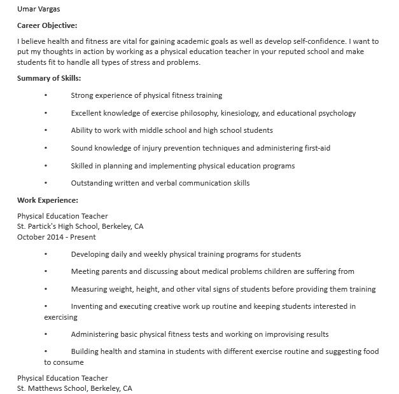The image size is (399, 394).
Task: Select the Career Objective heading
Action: [x=47, y=25]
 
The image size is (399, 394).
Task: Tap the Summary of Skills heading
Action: [x=49, y=78]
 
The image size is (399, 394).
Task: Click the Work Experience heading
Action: [x=47, y=200]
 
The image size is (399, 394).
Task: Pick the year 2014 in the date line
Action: [x=57, y=237]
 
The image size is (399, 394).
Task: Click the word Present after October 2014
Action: [x=83, y=237]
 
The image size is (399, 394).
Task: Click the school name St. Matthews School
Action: [x=53, y=388]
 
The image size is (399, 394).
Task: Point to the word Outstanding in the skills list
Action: [x=92, y=183]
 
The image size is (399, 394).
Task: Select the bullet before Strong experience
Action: [x=46, y=95]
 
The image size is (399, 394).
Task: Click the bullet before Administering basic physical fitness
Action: [x=46, y=334]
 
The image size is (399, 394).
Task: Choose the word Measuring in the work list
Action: [x=89, y=289]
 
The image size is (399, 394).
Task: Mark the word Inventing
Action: [x=88, y=306]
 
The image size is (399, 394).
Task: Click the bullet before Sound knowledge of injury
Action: [x=46, y=148]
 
